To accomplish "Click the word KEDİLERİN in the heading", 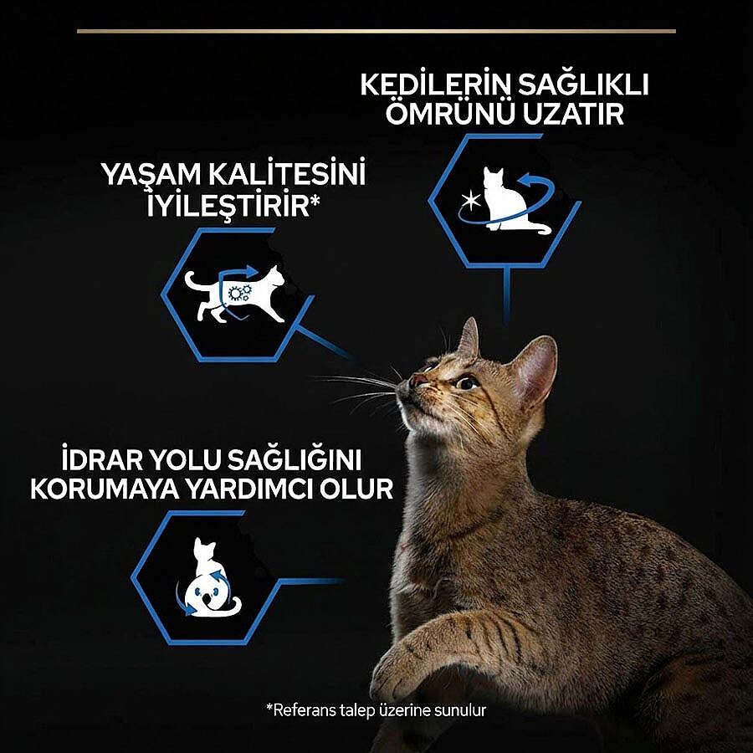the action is tap(434, 85).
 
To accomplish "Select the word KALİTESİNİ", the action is tap(287, 173).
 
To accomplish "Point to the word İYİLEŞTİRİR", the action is tap(228, 205).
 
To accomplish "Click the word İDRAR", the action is tap(102, 459).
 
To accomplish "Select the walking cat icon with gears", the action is tap(235, 294).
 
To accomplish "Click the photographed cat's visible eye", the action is tap(465, 382).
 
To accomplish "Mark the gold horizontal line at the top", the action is tap(376, 31).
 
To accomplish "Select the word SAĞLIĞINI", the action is tap(295, 459).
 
